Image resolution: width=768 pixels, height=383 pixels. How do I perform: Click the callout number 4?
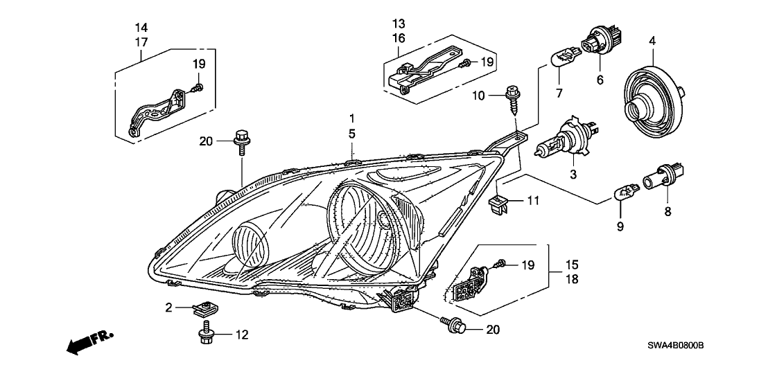click(652, 42)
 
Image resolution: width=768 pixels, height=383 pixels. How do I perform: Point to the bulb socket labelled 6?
click(597, 43)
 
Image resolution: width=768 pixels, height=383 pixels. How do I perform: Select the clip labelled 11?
click(501, 202)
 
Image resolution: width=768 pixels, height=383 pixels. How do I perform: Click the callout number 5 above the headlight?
click(352, 132)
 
